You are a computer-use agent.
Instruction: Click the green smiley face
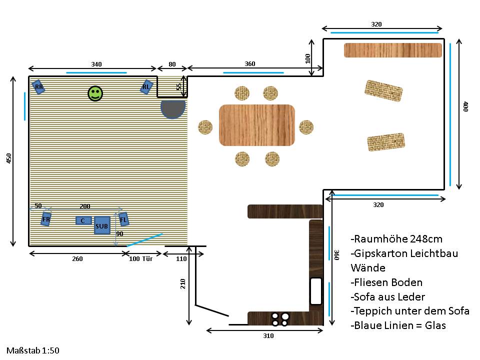[95, 93]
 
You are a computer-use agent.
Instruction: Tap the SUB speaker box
[102, 225]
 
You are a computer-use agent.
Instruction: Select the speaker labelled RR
[38, 87]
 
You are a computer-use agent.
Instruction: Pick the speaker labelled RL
[146, 87]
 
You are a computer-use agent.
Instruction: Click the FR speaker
[46, 219]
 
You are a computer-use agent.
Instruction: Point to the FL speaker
[123, 219]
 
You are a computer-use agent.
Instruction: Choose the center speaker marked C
[83, 220]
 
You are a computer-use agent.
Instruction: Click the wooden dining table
[257, 125]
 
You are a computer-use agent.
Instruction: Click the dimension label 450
[9, 158]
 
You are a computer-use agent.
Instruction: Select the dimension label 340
[96, 64]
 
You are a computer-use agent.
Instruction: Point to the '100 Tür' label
[141, 258]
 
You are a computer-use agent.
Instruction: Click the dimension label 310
[268, 336]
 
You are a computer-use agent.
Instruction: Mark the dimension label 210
[183, 284]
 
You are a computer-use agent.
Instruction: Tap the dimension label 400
[465, 106]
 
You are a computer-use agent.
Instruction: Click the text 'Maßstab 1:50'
[33, 350]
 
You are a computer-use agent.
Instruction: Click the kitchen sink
[316, 291]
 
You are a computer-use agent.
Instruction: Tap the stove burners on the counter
[280, 319]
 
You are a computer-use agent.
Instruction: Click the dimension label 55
[179, 86]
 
